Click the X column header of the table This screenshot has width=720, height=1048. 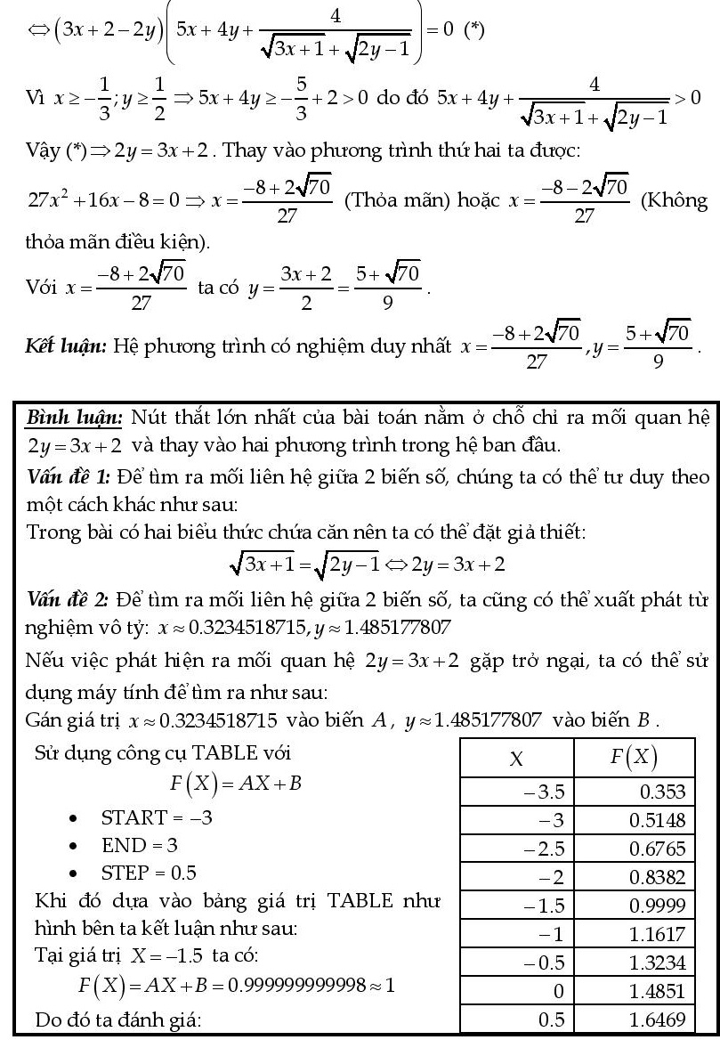(515, 760)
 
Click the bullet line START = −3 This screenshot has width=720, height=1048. (157, 816)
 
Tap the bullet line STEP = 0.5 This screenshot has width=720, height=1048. (149, 872)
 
